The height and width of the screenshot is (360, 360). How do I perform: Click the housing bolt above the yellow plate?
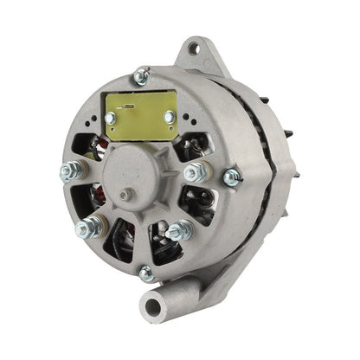click(x=140, y=77)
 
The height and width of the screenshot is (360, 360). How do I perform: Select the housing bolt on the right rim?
click(x=231, y=178)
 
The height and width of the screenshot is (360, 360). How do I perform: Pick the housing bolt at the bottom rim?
click(x=147, y=273)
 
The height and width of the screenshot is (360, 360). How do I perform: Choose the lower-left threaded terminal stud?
click(x=87, y=229)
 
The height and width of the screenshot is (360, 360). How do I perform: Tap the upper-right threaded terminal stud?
click(x=195, y=172)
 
